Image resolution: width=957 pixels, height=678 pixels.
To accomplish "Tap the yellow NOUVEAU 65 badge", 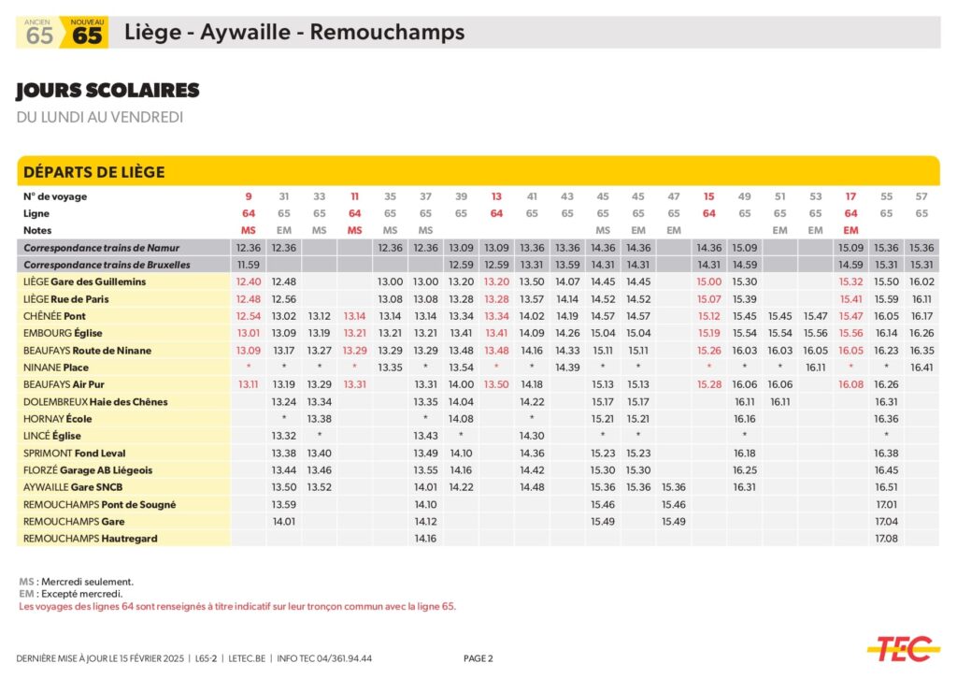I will tap(87, 33).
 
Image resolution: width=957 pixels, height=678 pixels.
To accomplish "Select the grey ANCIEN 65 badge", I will tap(39, 33).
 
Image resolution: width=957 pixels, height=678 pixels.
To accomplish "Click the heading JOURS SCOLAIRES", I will tap(107, 91).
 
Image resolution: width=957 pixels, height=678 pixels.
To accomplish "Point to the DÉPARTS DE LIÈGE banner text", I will tap(93, 172).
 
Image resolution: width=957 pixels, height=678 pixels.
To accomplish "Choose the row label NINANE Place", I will tap(56, 368).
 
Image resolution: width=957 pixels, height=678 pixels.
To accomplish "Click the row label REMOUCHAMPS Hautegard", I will tap(90, 539).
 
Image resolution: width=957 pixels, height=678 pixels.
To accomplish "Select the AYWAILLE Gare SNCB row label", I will tap(73, 487).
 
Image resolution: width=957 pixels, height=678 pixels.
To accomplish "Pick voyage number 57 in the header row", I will tap(921, 196).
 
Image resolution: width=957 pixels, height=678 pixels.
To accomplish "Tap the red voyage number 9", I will tap(249, 196).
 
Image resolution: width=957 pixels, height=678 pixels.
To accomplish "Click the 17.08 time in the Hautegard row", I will tap(886, 539).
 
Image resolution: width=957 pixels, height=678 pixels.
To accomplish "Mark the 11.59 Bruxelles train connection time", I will tap(249, 265).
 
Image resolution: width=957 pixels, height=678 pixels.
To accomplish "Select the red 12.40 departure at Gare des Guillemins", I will tap(249, 281).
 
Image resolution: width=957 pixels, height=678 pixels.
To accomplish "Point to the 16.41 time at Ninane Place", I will tap(921, 368).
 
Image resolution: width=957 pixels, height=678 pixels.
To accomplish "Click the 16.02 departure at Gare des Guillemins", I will tap(921, 281).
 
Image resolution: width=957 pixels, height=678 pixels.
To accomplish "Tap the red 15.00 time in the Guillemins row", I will tap(709, 281).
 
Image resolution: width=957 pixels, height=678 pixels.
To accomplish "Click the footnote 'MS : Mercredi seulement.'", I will tap(76, 581).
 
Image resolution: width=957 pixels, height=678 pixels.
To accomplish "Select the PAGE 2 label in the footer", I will tap(478, 658).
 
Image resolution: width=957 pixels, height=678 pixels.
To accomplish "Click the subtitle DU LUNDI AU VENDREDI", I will tap(100, 117).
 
